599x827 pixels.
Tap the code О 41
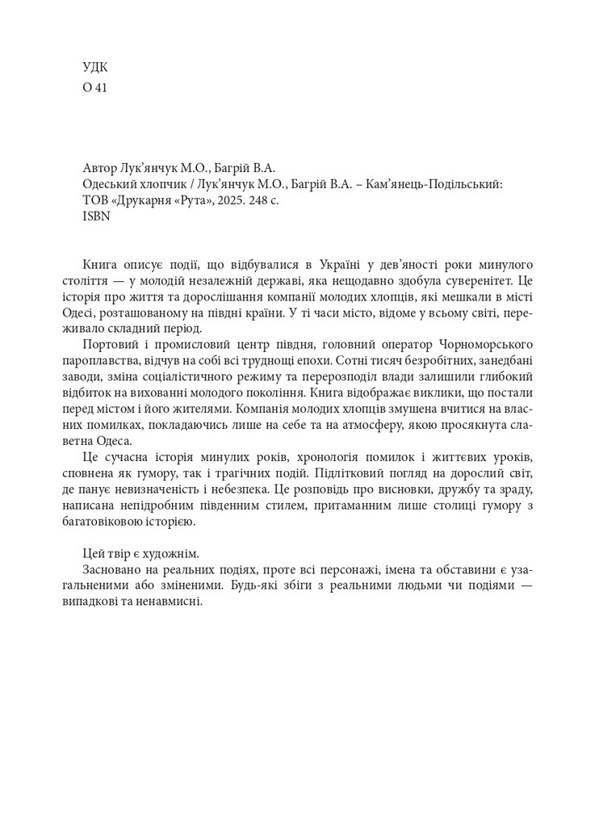[94, 90]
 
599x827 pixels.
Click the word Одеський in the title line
[107, 184]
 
